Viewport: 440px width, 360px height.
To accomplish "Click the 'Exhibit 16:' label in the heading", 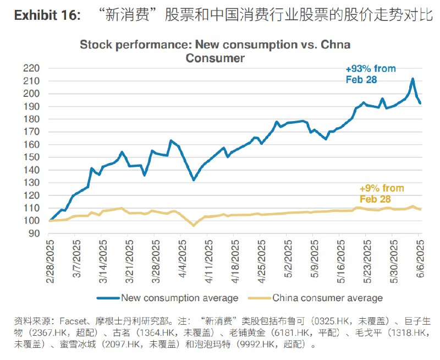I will [x=46, y=15].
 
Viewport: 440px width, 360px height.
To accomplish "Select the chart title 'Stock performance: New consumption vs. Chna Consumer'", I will [x=215, y=51].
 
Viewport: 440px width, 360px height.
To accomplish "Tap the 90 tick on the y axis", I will [x=34, y=233].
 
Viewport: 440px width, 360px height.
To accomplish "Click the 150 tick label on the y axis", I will [x=32, y=157].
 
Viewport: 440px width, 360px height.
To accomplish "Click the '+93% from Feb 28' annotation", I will [x=370, y=74].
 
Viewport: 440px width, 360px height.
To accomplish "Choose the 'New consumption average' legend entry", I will [x=168, y=298].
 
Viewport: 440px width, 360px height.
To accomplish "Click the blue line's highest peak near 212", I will [x=413, y=79].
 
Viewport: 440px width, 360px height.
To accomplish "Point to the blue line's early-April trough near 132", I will [x=194, y=180].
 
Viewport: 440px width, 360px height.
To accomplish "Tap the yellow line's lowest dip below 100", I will [x=194, y=225].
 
